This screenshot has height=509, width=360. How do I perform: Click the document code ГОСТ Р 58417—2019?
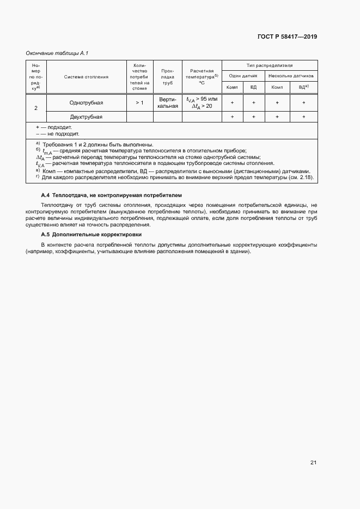click(287, 37)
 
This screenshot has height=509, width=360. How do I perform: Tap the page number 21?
click(313, 462)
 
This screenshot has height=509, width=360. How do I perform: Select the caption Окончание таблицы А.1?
click(57, 53)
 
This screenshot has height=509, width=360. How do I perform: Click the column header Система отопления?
click(86, 77)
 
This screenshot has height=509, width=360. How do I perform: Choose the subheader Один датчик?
click(243, 76)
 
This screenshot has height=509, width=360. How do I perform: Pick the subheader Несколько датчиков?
click(291, 76)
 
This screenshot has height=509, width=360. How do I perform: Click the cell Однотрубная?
click(86, 102)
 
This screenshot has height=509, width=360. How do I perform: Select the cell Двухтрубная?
click(86, 116)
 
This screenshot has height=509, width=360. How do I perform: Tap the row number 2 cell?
click(36, 108)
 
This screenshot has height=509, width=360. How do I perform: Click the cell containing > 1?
click(139, 102)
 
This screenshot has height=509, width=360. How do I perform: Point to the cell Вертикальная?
click(168, 102)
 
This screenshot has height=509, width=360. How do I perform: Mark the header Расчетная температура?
click(201, 77)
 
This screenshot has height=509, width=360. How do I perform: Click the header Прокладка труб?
click(168, 77)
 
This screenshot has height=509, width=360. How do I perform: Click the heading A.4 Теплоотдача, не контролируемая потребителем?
click(112, 195)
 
